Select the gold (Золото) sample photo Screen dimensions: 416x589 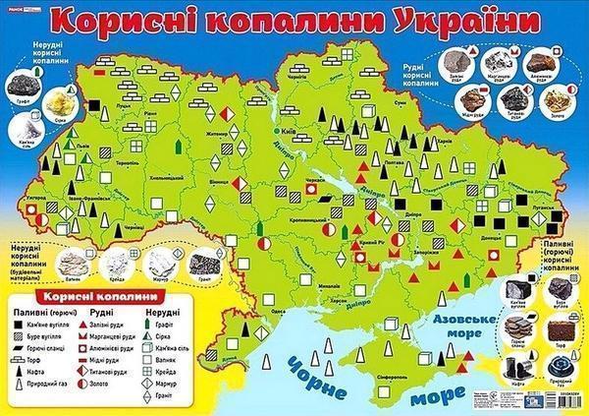pos(550,94)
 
